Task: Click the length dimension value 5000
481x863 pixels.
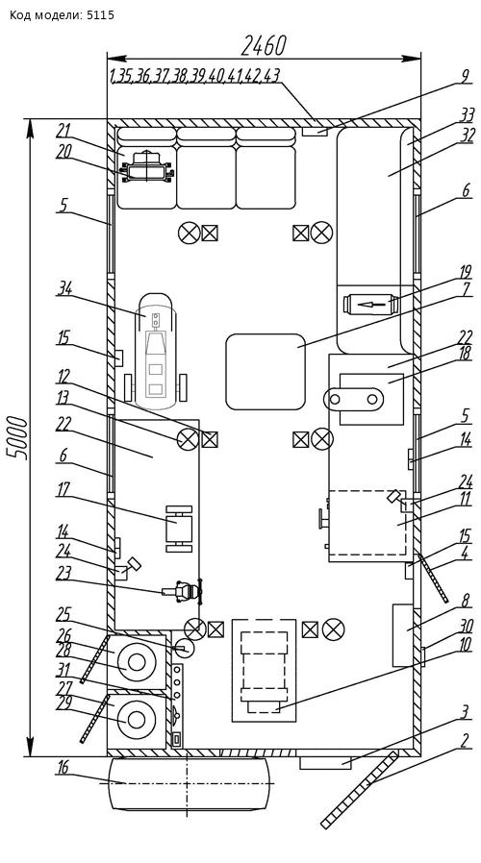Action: pos(17,437)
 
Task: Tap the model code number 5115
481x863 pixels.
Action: pos(100,14)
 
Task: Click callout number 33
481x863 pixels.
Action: pos(467,115)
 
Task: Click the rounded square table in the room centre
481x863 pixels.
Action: pos(266,372)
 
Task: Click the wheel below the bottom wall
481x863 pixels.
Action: pos(190,783)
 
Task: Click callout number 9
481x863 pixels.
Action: pos(467,77)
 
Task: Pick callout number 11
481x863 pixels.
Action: pos(466,502)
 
